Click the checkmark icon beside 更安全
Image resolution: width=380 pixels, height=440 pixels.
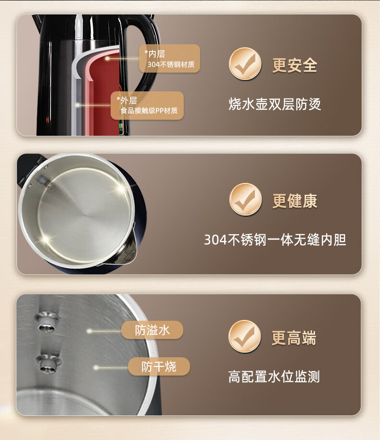245,63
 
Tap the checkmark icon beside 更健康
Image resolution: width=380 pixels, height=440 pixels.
246,199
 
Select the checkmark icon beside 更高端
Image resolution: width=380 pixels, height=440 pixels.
245,336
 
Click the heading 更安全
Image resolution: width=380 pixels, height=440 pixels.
295,65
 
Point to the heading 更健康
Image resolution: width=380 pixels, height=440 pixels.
295,201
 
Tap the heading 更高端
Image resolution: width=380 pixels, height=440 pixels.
294,338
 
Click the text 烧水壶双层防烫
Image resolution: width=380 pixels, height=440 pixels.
275,104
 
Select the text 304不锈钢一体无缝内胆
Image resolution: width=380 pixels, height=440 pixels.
275,239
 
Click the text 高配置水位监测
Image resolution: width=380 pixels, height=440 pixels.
274,377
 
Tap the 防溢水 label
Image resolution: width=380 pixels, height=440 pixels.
152,330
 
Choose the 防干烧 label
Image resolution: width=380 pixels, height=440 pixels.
159,366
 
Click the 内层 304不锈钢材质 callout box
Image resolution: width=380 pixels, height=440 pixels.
169,58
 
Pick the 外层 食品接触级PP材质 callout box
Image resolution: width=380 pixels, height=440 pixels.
147,105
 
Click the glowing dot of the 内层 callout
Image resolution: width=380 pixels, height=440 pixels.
107,58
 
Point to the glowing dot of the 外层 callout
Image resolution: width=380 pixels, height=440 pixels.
78,105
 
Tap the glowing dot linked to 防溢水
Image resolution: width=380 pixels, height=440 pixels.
89,331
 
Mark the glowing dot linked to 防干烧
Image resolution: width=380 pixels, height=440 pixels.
96,367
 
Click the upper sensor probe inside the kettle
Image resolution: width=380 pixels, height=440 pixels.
47,321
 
